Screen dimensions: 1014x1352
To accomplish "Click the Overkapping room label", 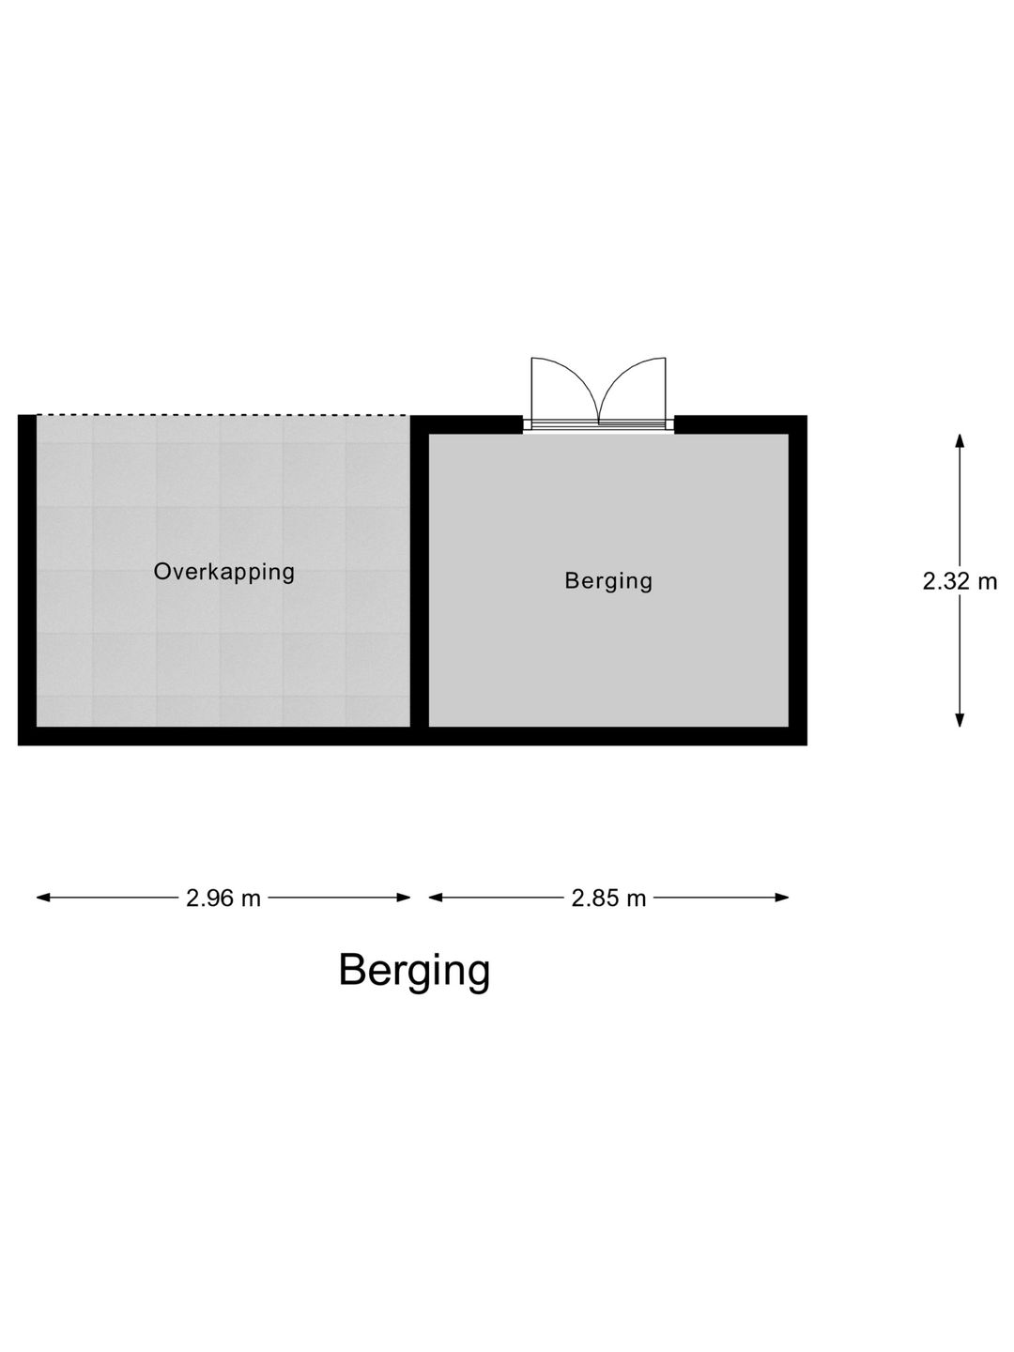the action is click(x=224, y=572).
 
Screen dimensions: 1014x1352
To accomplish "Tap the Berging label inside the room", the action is click(x=608, y=581).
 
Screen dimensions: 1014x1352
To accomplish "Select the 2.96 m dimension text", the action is click(x=223, y=899).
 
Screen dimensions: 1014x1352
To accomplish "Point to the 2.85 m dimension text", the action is click(x=608, y=899).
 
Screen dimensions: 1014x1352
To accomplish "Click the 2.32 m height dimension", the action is click(x=960, y=581).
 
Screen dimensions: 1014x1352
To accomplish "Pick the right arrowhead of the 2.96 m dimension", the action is click(x=404, y=898).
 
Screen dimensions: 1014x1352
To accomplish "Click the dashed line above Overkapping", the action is click(x=223, y=415).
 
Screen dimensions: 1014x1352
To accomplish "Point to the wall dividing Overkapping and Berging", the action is click(x=420, y=580).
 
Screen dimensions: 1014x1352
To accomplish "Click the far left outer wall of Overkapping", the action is click(x=27, y=580).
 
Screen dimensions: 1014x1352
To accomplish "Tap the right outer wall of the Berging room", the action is click(x=798, y=580).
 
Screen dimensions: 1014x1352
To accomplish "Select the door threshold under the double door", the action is click(x=598, y=425).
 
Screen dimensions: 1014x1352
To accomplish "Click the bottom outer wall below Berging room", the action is click(x=608, y=736).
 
